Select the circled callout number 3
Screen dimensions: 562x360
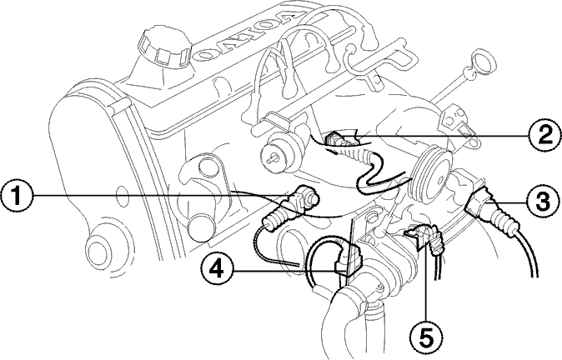click(x=543, y=202)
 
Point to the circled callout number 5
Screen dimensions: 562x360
click(x=426, y=337)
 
